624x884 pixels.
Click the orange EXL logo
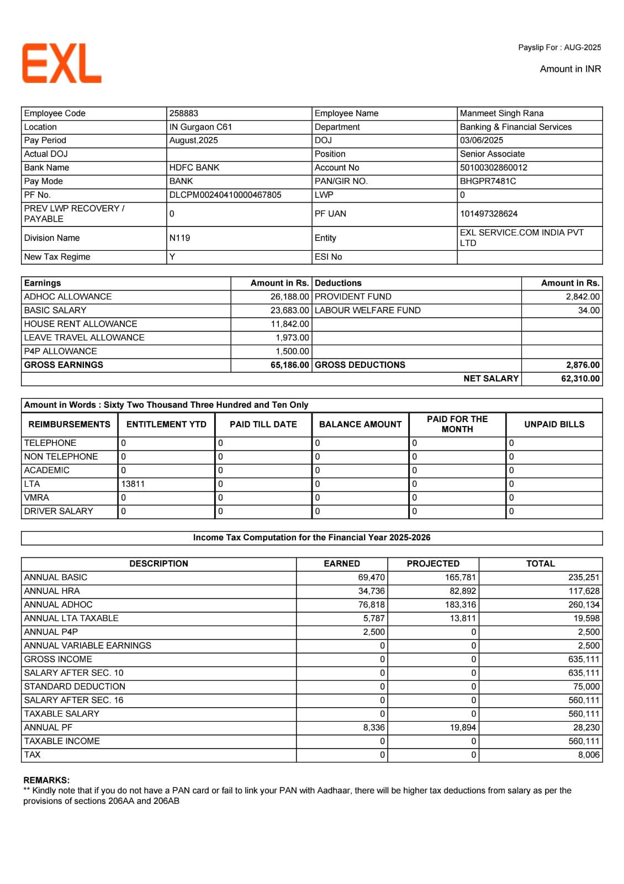(62, 64)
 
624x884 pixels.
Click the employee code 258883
(184, 113)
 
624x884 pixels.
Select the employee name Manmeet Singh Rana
(501, 113)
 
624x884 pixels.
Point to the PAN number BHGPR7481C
(488, 181)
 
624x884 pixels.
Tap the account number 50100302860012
(494, 167)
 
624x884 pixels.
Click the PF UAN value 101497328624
(489, 214)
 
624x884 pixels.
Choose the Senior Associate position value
(492, 154)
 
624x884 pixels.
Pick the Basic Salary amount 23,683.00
(289, 311)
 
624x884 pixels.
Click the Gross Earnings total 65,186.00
(289, 365)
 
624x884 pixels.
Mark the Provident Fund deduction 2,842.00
(583, 297)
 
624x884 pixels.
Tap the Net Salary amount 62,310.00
(580, 379)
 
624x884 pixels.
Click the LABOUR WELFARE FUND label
(367, 311)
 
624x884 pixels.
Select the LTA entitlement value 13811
(133, 484)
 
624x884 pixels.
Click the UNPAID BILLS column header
(554, 424)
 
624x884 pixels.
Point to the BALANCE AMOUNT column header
(360, 424)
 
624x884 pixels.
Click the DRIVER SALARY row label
(59, 511)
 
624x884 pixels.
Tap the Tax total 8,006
(589, 755)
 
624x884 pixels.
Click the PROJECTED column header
(433, 564)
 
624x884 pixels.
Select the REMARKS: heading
(46, 780)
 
